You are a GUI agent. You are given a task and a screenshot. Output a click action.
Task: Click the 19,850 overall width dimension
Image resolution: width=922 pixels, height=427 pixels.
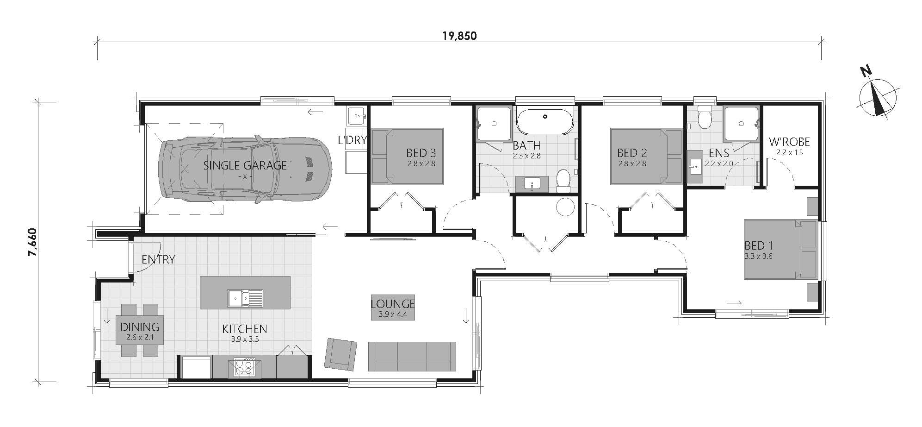coord(459,36)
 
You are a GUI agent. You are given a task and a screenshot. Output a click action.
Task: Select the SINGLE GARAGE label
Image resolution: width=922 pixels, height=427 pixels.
coord(245,165)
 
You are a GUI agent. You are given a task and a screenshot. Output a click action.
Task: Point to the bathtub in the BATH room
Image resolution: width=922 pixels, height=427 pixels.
coord(545,122)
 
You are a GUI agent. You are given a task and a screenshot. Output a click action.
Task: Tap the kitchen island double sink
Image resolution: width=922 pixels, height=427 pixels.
coord(245,298)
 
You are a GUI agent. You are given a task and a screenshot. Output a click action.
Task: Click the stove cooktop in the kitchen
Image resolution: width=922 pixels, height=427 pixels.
coord(244,367)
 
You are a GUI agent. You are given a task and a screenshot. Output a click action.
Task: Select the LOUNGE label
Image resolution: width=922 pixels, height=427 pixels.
coord(393,304)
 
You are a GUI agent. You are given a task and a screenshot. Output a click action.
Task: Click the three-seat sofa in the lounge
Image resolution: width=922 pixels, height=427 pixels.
coord(412,356)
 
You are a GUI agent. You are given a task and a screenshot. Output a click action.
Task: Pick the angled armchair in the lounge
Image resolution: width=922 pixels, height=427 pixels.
coord(341,354)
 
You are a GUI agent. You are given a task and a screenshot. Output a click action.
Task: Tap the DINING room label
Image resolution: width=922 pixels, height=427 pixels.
coord(140,327)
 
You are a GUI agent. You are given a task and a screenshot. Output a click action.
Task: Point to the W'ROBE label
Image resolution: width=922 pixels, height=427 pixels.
coord(789,142)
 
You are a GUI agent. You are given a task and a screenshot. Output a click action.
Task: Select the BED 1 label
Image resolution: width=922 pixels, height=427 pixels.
coord(758,245)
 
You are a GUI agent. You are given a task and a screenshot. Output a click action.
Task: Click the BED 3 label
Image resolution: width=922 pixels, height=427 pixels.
coord(421,152)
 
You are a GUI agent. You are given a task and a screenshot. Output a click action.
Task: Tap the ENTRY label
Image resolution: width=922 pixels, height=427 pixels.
coord(158,259)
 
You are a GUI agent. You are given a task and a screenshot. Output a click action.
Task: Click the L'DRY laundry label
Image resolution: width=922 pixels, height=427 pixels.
coord(352,140)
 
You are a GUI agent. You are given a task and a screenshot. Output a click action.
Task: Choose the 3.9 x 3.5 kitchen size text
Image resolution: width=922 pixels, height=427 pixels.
coord(245,339)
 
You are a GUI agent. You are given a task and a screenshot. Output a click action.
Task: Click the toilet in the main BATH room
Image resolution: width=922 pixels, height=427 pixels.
coord(563,181)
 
